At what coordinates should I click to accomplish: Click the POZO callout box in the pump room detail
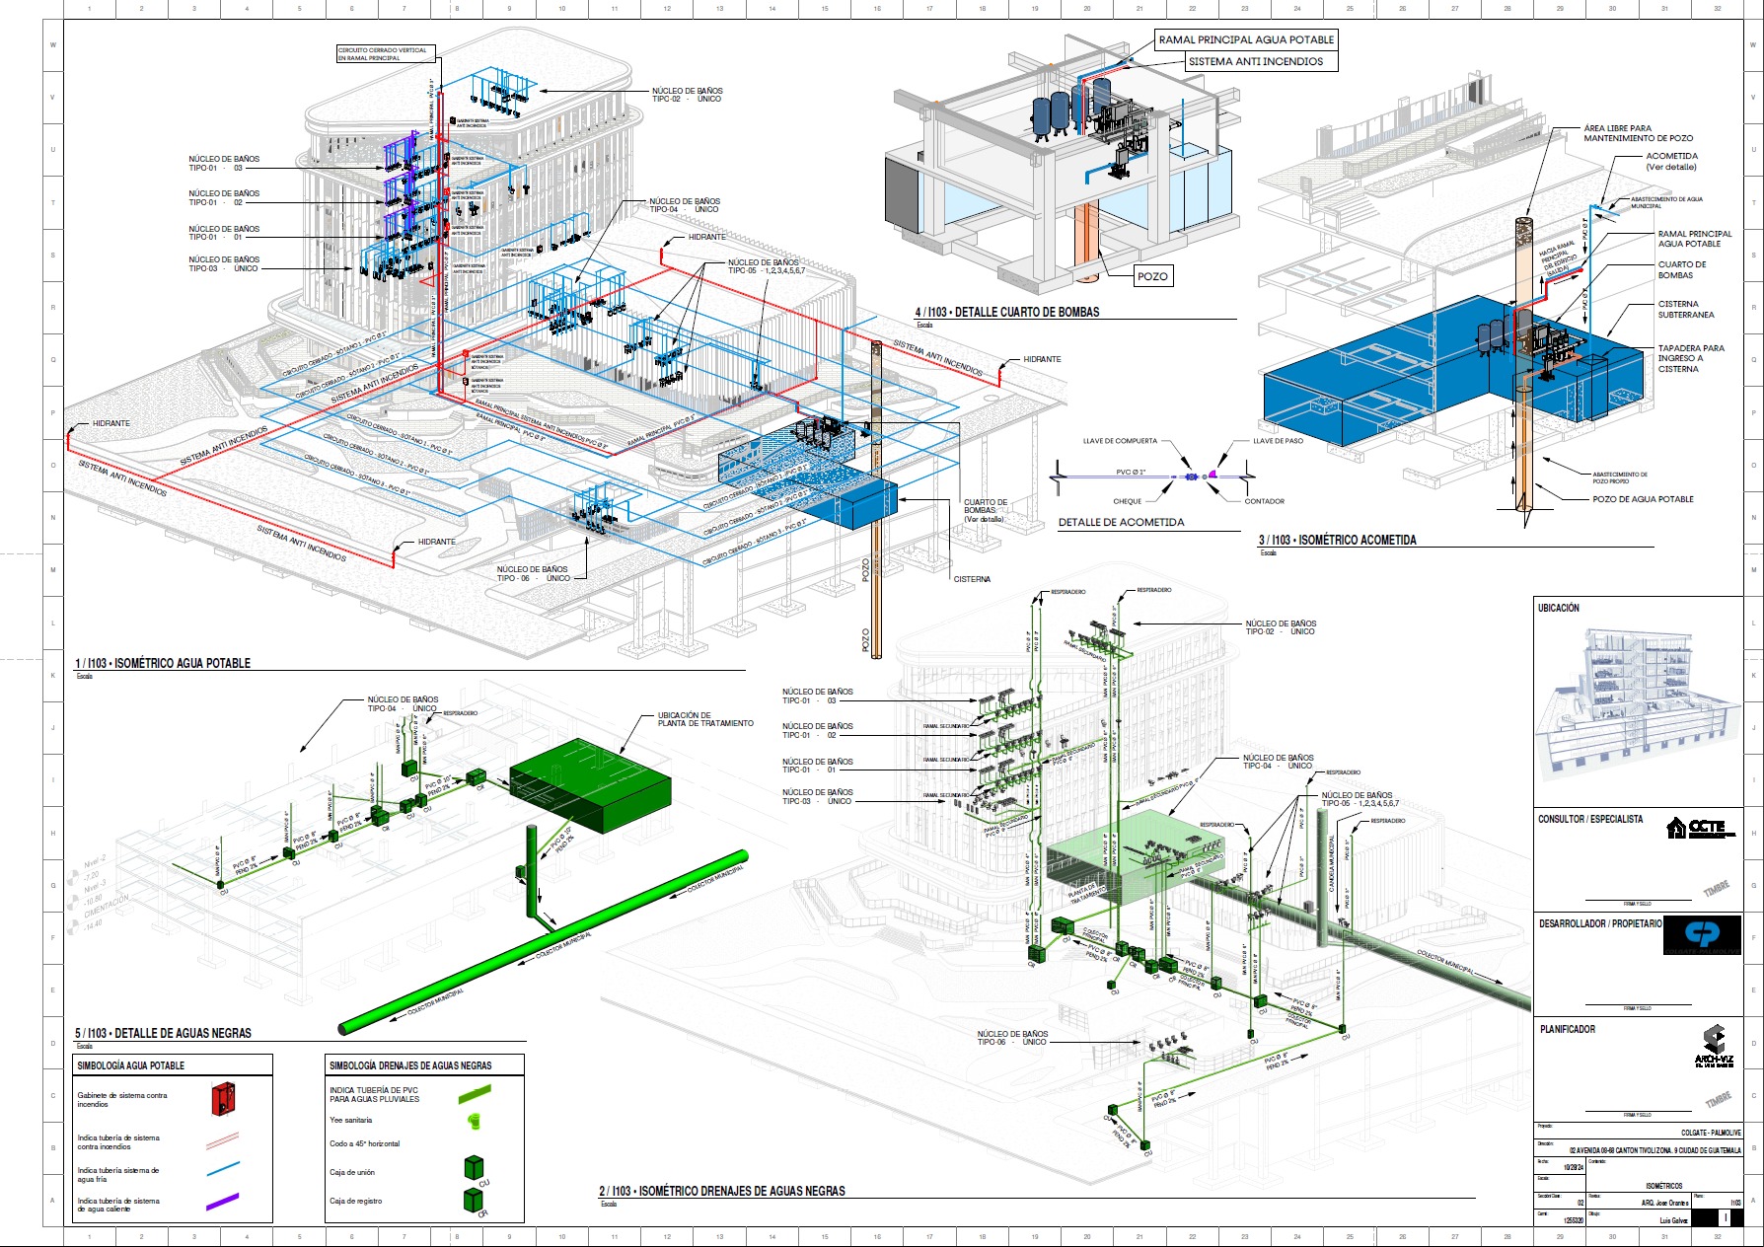click(1152, 276)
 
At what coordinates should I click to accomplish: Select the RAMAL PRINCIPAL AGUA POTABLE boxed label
click(1246, 39)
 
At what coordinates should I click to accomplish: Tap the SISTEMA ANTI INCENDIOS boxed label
click(1255, 61)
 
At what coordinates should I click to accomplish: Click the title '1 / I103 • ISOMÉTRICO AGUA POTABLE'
click(163, 663)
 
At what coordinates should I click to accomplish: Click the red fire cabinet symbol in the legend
click(224, 1098)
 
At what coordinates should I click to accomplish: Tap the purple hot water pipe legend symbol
click(222, 1203)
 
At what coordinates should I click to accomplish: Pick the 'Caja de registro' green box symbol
click(474, 1200)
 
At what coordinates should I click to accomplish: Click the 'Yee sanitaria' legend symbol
click(474, 1121)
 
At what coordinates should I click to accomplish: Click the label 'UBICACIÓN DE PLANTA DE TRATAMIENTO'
click(705, 719)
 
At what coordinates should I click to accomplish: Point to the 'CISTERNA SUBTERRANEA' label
click(1686, 310)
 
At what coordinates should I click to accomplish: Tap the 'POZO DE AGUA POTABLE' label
click(1643, 499)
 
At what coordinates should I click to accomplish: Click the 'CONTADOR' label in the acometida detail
click(1264, 501)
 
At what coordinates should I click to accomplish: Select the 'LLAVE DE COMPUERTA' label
click(1120, 441)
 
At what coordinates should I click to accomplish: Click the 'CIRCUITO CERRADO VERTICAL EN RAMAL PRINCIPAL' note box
click(383, 54)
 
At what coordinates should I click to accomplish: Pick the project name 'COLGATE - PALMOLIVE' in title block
click(1711, 1133)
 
